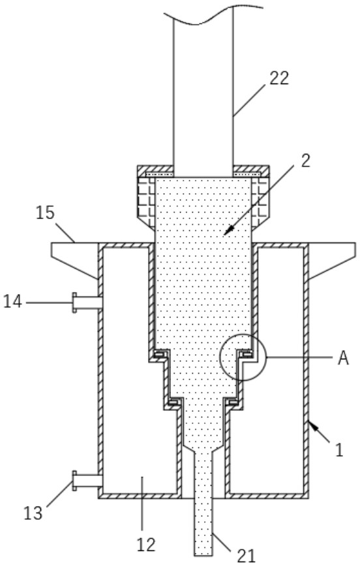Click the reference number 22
click(x=279, y=78)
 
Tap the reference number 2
click(x=305, y=160)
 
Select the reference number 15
click(x=45, y=213)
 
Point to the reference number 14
click(x=12, y=302)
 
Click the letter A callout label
click(x=344, y=358)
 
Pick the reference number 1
click(x=339, y=450)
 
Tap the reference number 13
click(x=33, y=513)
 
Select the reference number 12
click(x=146, y=544)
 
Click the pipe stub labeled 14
click(x=87, y=303)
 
